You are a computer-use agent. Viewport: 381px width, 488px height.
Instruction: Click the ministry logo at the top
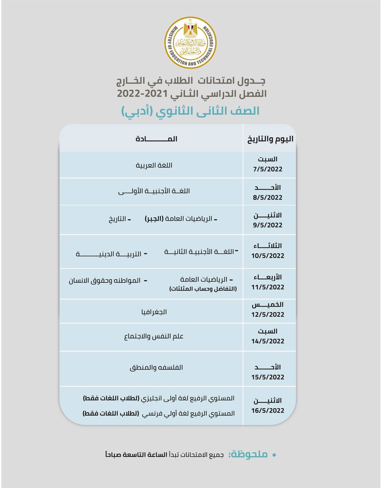point(190,43)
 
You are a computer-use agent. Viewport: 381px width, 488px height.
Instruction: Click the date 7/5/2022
point(268,169)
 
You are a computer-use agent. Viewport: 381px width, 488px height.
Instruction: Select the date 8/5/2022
point(268,197)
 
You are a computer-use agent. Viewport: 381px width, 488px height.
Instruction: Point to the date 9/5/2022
point(268,225)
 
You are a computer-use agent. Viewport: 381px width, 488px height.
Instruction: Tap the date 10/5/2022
point(268,256)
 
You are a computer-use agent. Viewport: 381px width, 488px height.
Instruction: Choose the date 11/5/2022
point(268,287)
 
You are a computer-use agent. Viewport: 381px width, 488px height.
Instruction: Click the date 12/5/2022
point(268,314)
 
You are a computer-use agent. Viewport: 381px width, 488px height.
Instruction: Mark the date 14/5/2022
point(268,341)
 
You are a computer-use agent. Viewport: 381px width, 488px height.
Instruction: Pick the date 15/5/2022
point(268,377)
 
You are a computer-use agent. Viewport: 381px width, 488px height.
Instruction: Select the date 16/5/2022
point(268,410)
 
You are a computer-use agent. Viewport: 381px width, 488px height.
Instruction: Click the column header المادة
point(156,139)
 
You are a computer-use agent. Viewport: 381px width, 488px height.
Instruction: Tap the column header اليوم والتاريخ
point(270,139)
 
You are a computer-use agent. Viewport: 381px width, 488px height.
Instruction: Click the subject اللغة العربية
point(154,165)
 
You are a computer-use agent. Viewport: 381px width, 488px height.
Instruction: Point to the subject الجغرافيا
point(154,312)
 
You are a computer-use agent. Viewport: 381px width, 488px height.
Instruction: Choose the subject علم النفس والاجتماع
point(154,336)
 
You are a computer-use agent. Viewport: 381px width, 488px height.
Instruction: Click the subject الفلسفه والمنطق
point(156,368)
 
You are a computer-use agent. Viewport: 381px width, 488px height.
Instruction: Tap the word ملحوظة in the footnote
point(248,454)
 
